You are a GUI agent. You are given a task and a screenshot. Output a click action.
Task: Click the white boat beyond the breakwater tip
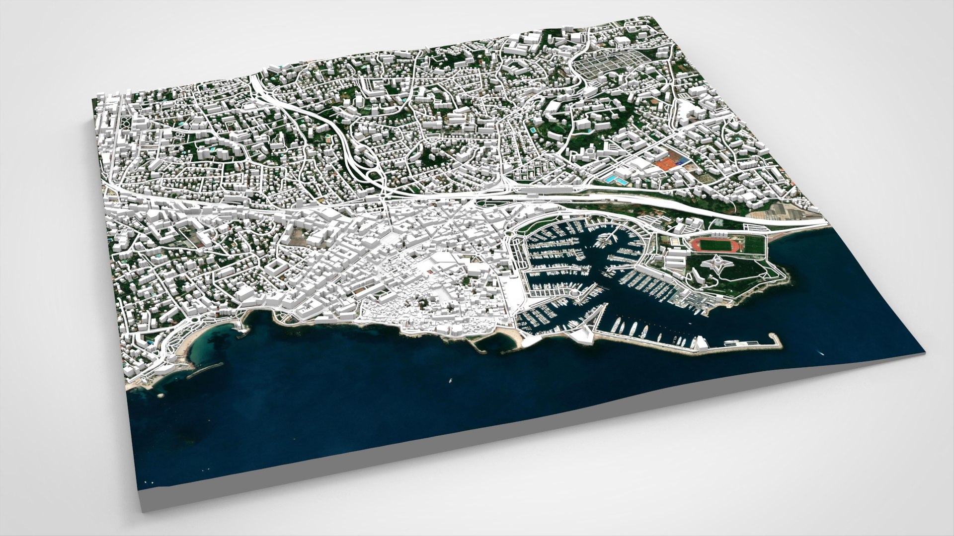click(820, 353)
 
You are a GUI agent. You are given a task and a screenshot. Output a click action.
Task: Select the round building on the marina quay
click(575, 296)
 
